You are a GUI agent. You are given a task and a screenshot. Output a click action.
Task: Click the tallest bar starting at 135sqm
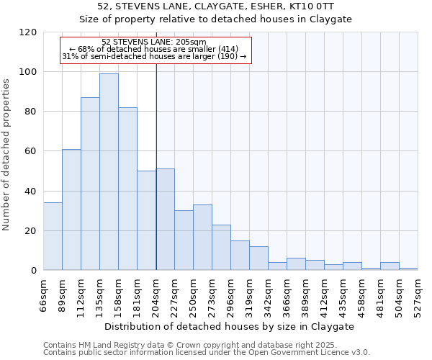(x=109, y=172)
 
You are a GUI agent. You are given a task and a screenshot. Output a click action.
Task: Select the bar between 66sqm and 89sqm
(x=53, y=237)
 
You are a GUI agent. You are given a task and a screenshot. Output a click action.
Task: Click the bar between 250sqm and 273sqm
(x=202, y=238)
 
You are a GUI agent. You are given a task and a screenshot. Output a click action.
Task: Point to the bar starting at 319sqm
(x=258, y=258)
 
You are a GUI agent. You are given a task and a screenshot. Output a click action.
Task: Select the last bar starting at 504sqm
(x=408, y=269)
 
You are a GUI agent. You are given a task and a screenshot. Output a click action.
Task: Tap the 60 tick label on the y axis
(x=31, y=151)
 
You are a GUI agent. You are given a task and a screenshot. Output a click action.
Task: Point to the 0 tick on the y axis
(x=34, y=271)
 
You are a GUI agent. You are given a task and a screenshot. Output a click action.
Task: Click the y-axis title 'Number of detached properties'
(x=6, y=155)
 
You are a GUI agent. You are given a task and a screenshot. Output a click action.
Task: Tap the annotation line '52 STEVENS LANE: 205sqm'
(x=154, y=42)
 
